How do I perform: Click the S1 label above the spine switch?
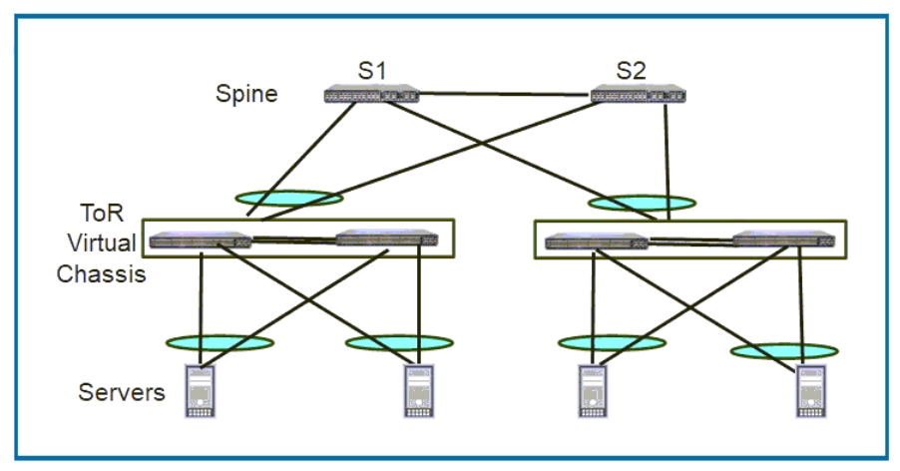click(371, 71)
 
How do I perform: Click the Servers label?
click(122, 391)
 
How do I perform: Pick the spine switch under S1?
click(371, 95)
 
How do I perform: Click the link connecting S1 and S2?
click(504, 96)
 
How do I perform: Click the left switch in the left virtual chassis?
click(201, 239)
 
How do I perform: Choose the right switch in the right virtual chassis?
click(784, 238)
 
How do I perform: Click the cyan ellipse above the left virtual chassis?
click(288, 198)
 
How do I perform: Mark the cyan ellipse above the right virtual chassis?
click(642, 203)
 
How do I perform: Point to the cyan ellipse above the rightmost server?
click(784, 350)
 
